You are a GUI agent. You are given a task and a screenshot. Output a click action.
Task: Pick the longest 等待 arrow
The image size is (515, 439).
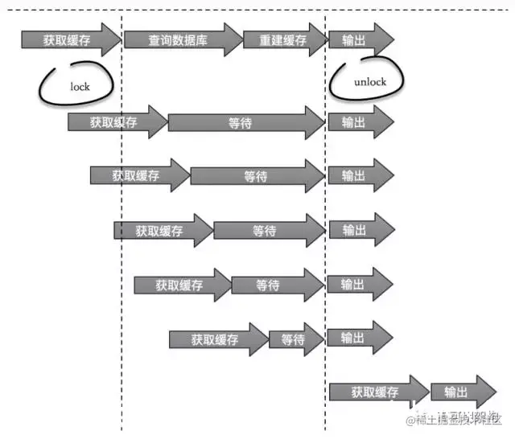[x=245, y=122]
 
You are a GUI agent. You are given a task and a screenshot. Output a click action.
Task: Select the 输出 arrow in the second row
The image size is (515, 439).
[x=359, y=122]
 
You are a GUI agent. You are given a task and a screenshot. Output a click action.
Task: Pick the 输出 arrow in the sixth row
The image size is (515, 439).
[x=359, y=338]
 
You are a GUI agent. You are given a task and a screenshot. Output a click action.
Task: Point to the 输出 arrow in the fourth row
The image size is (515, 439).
[x=359, y=230]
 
